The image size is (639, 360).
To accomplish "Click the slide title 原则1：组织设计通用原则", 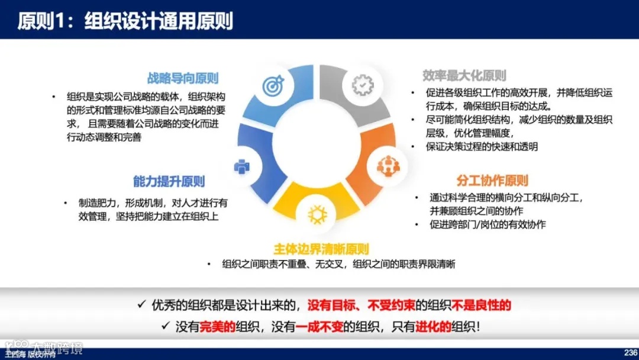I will [125, 21].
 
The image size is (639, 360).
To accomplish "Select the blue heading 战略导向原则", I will [183, 78].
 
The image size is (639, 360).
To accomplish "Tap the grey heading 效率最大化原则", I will [464, 75].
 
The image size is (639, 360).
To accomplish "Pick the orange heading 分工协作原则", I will [492, 180].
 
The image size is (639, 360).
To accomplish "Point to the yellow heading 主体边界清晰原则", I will [321, 249].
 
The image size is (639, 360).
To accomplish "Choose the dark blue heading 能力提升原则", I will [169, 181].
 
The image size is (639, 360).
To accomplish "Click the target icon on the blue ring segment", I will [273, 86].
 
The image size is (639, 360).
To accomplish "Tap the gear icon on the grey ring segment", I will [362, 85].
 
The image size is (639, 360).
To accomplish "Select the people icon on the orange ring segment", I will [388, 166].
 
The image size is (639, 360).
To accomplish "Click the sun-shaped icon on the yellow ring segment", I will [318, 214].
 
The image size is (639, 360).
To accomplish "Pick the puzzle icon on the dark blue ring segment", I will [242, 167].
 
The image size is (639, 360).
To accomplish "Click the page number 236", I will [630, 352].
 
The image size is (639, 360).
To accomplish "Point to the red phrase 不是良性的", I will [481, 306].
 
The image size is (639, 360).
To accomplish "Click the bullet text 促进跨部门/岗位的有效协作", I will [488, 224].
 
